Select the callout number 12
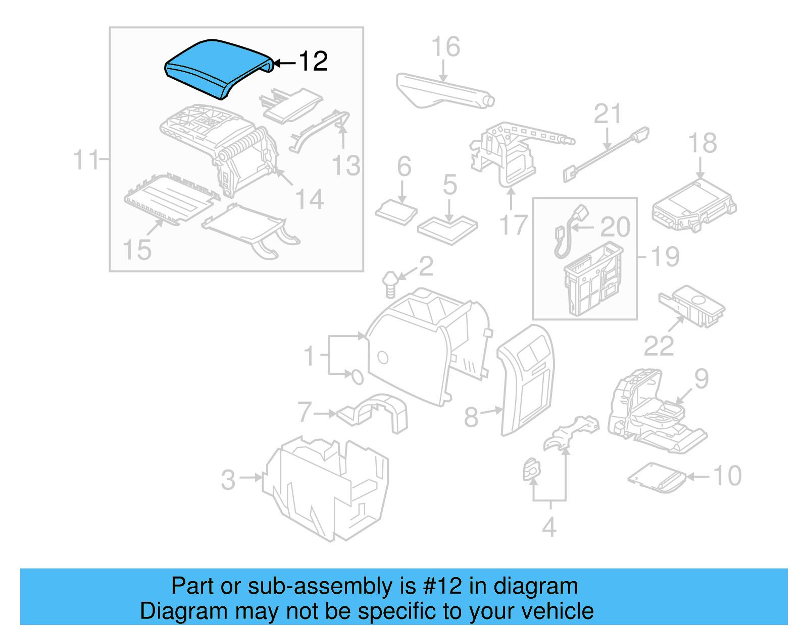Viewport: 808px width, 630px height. click(x=313, y=62)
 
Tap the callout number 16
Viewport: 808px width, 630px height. click(x=445, y=47)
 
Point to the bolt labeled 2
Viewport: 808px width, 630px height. click(x=390, y=284)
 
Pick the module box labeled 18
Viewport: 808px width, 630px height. click(x=694, y=207)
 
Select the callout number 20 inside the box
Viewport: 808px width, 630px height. click(x=615, y=227)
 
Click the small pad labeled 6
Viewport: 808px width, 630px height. click(x=396, y=212)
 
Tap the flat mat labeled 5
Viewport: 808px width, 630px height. click(x=447, y=228)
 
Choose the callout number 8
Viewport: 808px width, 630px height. click(x=471, y=417)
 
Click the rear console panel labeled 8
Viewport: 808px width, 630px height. click(x=528, y=378)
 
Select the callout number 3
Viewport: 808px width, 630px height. click(x=228, y=480)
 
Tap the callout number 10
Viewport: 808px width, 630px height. click(x=727, y=476)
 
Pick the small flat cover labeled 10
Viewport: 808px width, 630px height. click(x=656, y=477)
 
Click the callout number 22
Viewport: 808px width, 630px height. click(x=659, y=346)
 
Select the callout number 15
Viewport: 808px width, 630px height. click(x=137, y=250)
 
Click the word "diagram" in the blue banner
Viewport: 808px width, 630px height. click(x=535, y=587)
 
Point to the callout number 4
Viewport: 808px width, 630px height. click(x=549, y=527)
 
